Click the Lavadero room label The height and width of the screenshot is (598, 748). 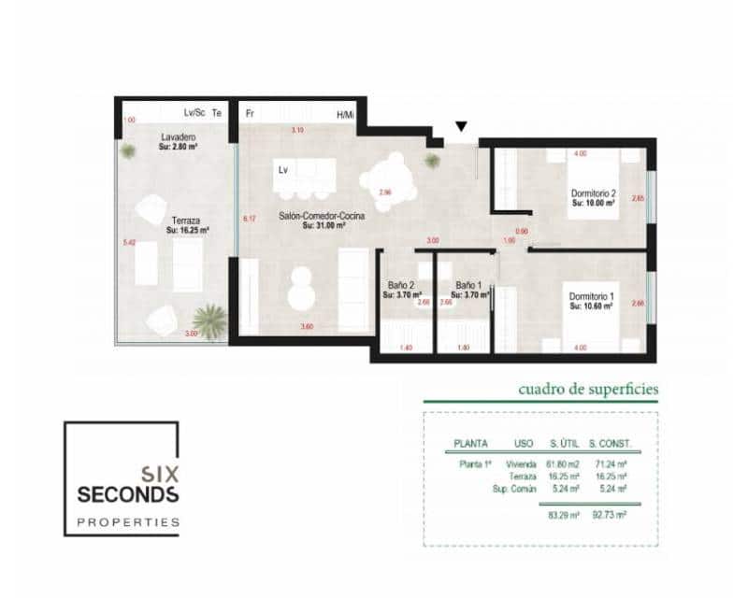tap(176, 137)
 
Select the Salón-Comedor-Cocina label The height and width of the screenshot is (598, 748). tap(321, 216)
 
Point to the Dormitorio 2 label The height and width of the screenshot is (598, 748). tap(594, 194)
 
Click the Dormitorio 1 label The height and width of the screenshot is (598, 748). tap(593, 298)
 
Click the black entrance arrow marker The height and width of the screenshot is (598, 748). tap(460, 127)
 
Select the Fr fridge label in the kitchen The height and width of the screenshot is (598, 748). tap(250, 114)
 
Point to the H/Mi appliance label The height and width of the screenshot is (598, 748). tap(345, 115)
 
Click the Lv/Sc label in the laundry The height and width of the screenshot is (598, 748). tap(194, 113)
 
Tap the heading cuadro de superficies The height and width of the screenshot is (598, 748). tap(588, 388)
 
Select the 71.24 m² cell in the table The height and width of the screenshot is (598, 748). tap(610, 463)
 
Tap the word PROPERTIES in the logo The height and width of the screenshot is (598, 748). tap(127, 521)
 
